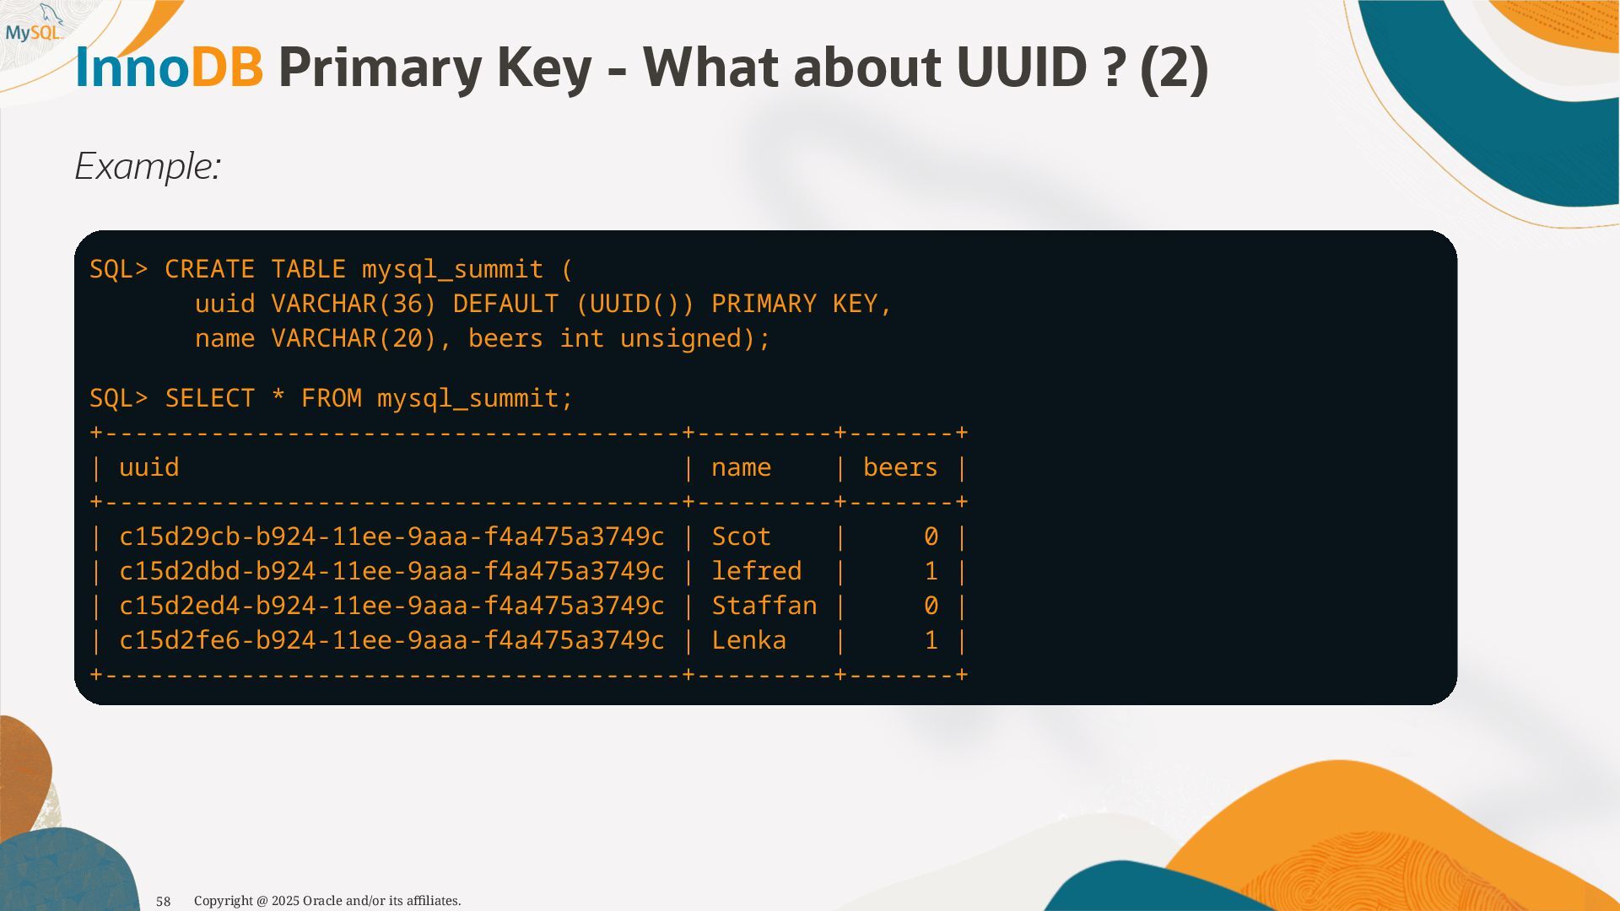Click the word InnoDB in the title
[x=169, y=67]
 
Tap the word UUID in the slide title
[x=1021, y=67]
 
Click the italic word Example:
[x=148, y=166]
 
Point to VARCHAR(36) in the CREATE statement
[x=354, y=304]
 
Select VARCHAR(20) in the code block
[x=354, y=338]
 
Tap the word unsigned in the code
[x=688, y=338]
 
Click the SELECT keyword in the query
[x=210, y=398]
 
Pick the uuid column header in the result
[x=149, y=467]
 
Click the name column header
[x=741, y=467]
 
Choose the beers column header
[x=900, y=467]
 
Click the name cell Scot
[x=741, y=536]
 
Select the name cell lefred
[x=756, y=571]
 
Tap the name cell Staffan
[x=764, y=606]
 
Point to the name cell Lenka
[x=748, y=640]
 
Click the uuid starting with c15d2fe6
[x=391, y=640]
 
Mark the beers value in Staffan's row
[x=931, y=606]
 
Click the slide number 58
[x=164, y=902]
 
